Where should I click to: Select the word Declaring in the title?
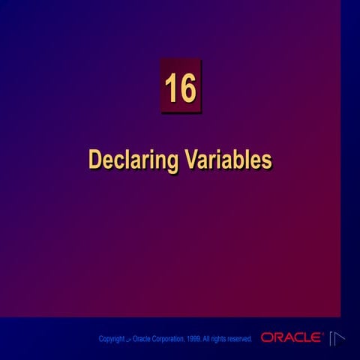(132, 160)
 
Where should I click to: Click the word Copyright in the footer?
(112, 340)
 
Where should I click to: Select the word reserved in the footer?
(240, 340)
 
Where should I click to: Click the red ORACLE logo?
(292, 338)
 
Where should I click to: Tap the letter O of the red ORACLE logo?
(266, 338)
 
